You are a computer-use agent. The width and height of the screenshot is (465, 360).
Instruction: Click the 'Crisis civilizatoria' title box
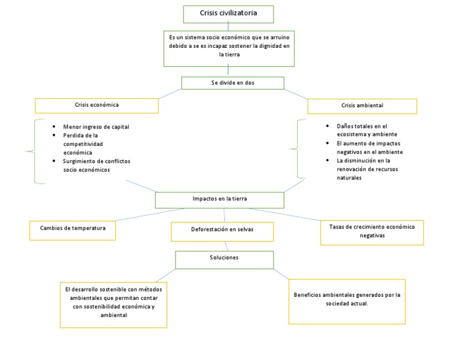[x=228, y=13]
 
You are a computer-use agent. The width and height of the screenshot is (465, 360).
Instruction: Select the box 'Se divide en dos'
[x=232, y=83]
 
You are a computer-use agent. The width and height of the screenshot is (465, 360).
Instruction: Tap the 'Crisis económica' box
[x=97, y=105]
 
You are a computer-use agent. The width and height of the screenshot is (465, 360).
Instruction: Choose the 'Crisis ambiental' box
[x=362, y=106]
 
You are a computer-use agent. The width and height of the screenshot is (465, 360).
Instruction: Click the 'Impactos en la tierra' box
[x=219, y=199]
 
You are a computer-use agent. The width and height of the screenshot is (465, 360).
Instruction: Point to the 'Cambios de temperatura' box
[x=73, y=230]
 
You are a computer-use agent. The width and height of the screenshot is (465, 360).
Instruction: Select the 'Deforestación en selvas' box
[x=222, y=231]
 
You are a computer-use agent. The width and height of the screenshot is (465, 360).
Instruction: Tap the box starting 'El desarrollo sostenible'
[x=113, y=302]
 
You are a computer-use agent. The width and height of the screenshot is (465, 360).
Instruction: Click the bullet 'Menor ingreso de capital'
[x=96, y=127]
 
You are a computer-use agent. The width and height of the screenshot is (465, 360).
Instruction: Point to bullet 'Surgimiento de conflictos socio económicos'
[x=96, y=165]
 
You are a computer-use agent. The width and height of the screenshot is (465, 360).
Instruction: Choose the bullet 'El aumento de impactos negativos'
[x=369, y=147]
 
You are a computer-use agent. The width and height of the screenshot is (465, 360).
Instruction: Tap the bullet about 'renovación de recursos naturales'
[x=365, y=169]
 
